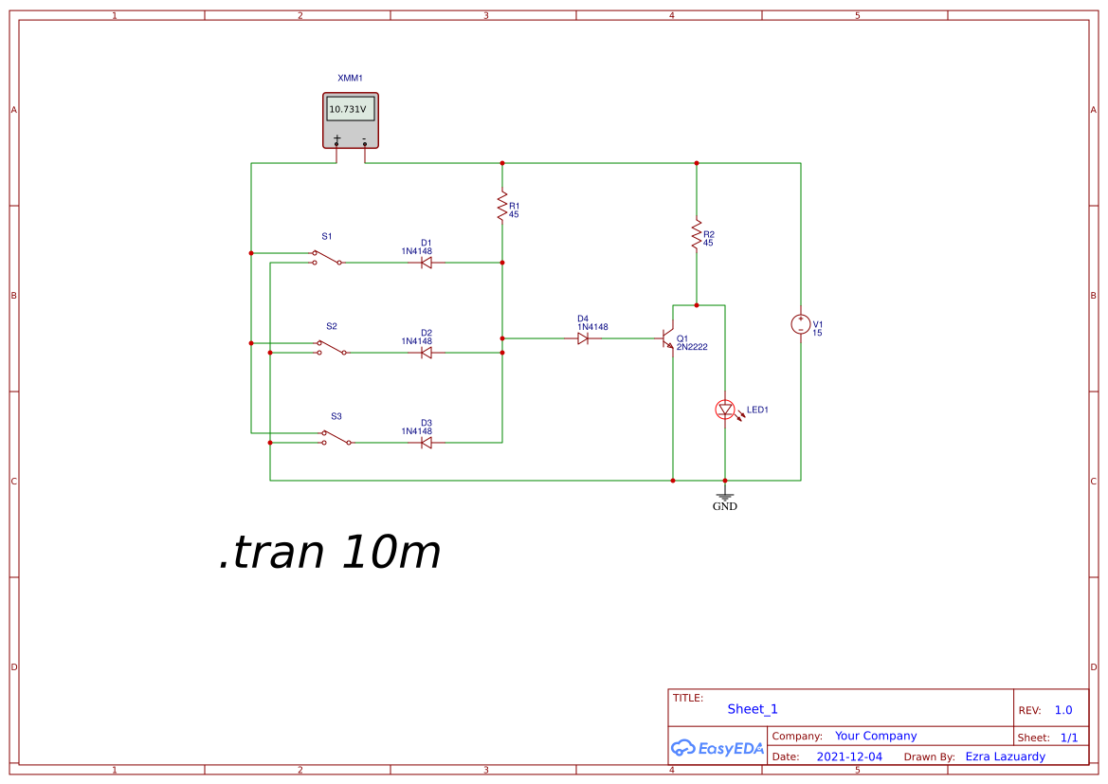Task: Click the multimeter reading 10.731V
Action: coord(348,110)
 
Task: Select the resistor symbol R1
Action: coord(502,208)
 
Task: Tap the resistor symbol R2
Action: coord(697,235)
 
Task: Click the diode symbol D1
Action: coord(427,263)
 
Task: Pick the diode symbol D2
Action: coord(427,353)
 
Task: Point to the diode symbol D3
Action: coord(427,443)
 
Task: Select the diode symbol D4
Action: coord(583,338)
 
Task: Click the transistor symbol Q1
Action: coord(667,338)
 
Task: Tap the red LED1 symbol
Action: coord(725,410)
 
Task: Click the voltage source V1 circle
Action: coord(801,324)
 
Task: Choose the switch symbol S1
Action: coord(328,257)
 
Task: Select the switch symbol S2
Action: coord(332,347)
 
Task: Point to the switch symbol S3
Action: coord(336,437)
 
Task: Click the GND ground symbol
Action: coord(725,497)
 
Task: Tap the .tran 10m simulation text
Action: coord(330,553)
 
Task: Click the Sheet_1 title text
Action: coord(753,709)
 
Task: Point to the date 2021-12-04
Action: coord(849,757)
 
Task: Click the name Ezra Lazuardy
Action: coord(1005,757)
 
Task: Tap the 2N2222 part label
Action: coord(692,347)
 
